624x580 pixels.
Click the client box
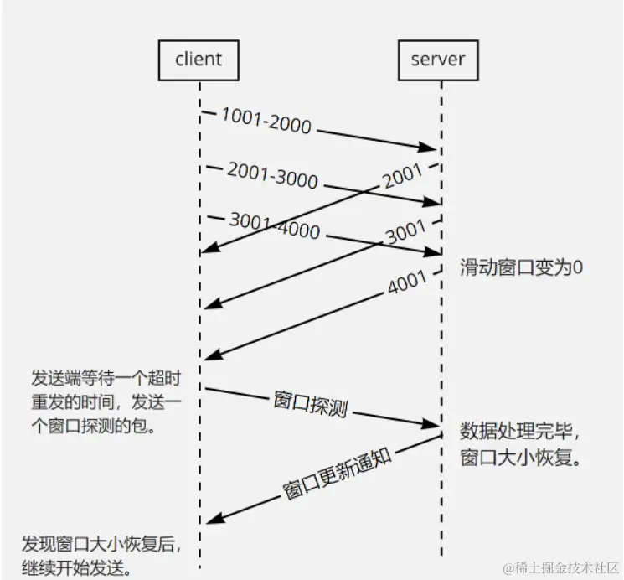[199, 60]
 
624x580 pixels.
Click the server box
[438, 60]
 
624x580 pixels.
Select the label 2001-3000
[272, 176]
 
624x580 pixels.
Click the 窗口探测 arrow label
[310, 403]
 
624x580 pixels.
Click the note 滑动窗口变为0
[521, 267]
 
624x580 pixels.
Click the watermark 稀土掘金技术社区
[560, 567]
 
